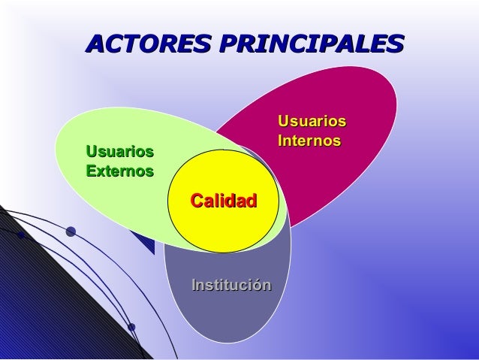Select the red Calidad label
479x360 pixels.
(224, 201)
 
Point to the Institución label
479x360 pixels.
(231, 285)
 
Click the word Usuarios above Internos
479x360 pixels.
(312, 121)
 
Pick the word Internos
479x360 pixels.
(309, 141)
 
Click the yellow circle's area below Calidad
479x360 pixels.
(224, 229)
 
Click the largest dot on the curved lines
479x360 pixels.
(71, 231)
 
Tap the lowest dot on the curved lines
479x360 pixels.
(131, 327)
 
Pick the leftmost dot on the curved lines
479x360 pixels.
(21, 235)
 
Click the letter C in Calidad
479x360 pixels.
(197, 201)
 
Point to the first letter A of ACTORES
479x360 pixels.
(98, 43)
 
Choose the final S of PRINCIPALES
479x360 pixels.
(393, 43)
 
